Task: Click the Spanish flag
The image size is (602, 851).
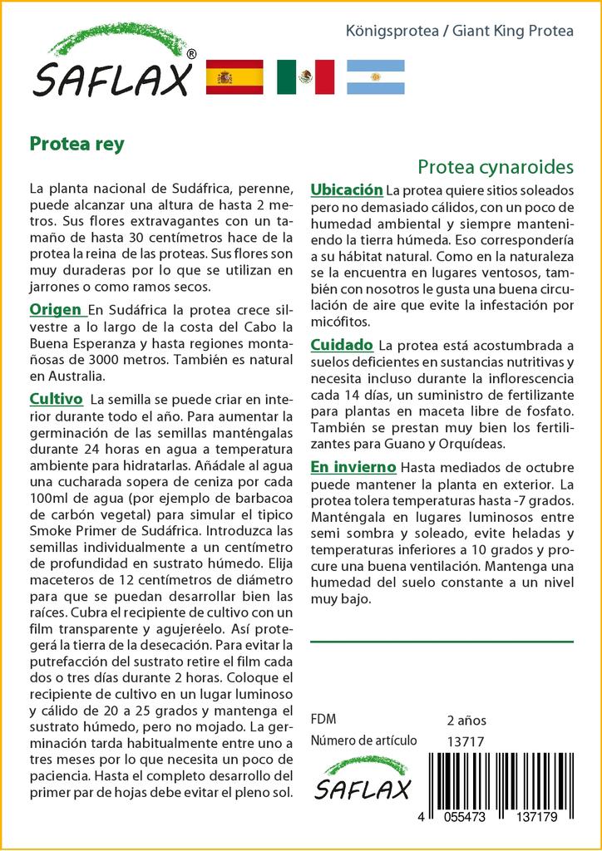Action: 234,76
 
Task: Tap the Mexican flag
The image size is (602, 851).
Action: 305,76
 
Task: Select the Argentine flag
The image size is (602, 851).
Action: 375,76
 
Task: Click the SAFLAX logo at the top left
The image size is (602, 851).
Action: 112,66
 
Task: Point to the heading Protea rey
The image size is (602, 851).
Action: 76,144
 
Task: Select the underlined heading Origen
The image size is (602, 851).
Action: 56,310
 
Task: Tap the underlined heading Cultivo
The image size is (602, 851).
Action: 56,398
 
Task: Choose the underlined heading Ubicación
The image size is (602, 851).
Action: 346,189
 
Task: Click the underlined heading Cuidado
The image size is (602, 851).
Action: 341,344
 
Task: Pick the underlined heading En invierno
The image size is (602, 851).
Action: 353,467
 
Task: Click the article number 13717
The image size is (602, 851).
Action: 466,741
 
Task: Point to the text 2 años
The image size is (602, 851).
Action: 466,720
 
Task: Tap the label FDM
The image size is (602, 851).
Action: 323,720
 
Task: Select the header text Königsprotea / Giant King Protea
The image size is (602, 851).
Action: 459,32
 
